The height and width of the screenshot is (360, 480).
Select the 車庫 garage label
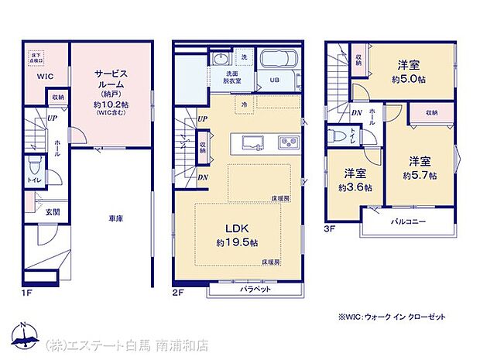115,219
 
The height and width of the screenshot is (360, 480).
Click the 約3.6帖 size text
355,187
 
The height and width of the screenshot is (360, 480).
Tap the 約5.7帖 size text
419,175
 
